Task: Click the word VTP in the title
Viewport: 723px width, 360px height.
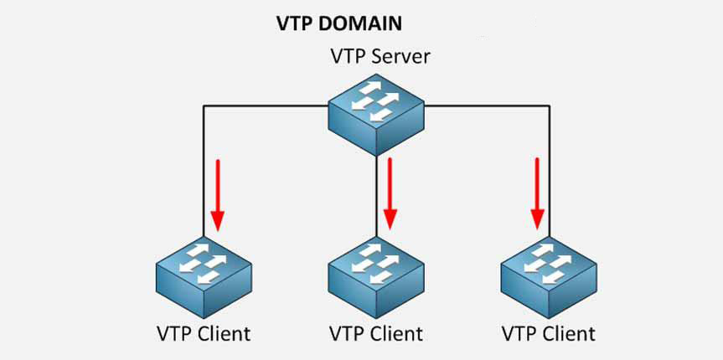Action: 293,23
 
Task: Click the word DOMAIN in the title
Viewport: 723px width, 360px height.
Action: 354,23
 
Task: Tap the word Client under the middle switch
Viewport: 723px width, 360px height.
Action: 395,333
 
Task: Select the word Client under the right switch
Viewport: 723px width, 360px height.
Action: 567,333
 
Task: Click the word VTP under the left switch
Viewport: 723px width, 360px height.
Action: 172,333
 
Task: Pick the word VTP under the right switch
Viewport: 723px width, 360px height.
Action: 517,333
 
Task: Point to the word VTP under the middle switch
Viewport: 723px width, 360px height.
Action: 344,333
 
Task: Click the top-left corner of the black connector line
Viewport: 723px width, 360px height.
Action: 204,106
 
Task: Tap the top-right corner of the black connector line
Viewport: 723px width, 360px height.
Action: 549,106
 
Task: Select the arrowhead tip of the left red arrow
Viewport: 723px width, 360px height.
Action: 217,229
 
